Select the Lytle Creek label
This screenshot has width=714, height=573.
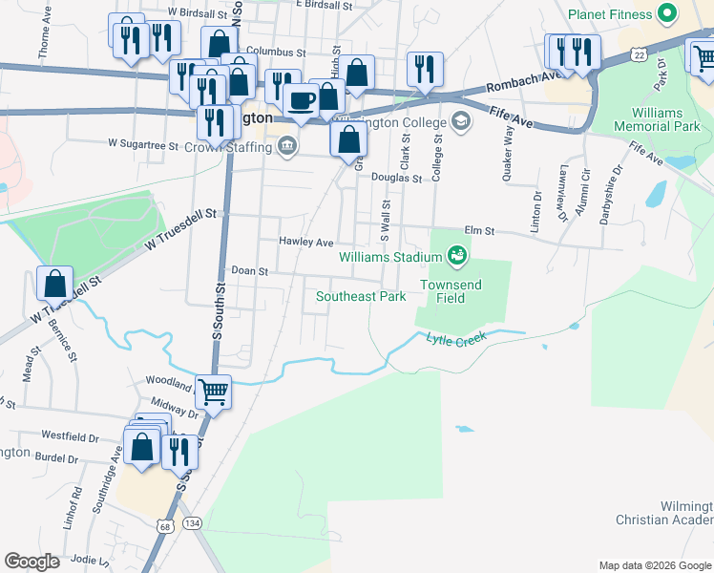456,338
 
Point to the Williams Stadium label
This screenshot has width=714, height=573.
389,256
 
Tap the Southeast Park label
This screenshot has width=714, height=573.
361,296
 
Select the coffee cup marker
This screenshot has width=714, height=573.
302,99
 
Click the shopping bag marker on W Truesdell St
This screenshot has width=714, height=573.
55,284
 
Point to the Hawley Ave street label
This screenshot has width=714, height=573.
305,242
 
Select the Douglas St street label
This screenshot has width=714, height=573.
396,178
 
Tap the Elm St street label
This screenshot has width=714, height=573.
479,230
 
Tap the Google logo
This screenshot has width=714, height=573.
31,562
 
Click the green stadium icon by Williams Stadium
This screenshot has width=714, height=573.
456,255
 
